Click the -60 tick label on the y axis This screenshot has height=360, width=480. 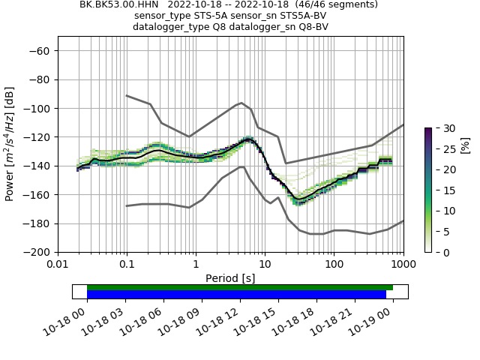pyautogui.click(x=40, y=50)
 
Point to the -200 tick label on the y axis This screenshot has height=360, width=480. pyautogui.click(x=37, y=252)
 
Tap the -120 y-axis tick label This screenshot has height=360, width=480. pyautogui.click(x=37, y=137)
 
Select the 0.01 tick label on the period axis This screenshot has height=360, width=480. pyautogui.click(x=58, y=265)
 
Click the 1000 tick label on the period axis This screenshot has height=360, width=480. pyautogui.click(x=403, y=265)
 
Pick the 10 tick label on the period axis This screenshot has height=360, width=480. pyautogui.click(x=265, y=265)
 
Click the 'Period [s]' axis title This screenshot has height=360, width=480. pyautogui.click(x=230, y=277)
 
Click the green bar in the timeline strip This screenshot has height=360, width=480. pyautogui.click(x=240, y=287)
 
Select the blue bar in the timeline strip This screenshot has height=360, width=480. pyautogui.click(x=236, y=295)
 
